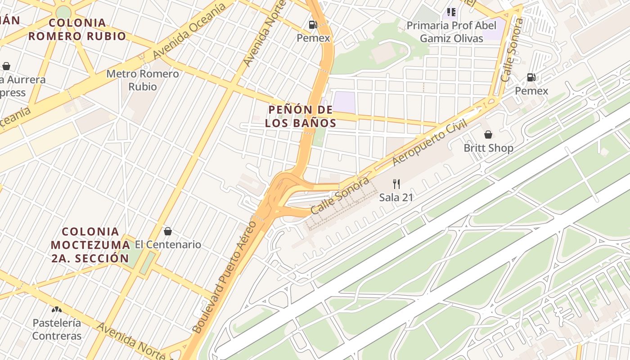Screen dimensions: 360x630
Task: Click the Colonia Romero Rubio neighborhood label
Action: click(x=77, y=30)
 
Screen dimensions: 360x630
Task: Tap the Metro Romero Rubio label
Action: click(x=143, y=80)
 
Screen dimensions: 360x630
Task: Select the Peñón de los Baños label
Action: click(x=300, y=116)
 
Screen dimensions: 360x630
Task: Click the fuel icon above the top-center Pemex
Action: click(x=313, y=25)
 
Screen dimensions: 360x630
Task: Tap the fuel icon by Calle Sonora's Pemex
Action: click(x=531, y=77)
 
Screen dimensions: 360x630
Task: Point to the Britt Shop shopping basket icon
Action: click(x=488, y=135)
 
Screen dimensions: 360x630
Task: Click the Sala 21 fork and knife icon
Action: click(x=396, y=184)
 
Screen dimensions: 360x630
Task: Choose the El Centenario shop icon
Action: click(x=168, y=231)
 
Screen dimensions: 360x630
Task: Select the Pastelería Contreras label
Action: click(x=57, y=329)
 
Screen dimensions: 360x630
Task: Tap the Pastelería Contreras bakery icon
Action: click(x=57, y=309)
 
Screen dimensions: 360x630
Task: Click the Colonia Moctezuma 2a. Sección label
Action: click(x=90, y=245)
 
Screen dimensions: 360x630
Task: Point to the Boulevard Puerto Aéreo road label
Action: click(x=224, y=277)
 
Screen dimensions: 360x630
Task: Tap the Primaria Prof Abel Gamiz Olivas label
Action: click(x=451, y=31)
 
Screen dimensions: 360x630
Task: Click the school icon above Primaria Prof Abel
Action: click(x=451, y=12)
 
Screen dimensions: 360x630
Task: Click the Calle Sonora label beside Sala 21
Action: click(x=340, y=196)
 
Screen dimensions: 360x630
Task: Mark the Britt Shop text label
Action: click(x=488, y=148)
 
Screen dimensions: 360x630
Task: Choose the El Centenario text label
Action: click(x=168, y=245)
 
